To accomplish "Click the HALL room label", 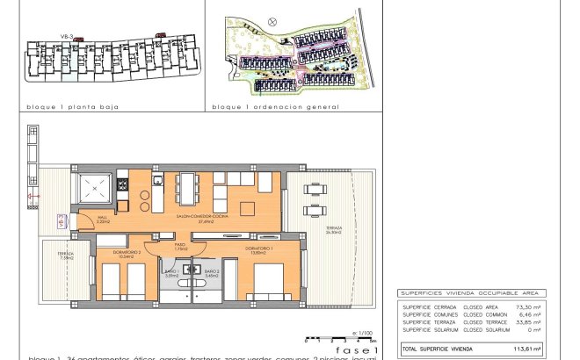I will tap(102, 220).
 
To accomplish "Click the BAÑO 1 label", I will tap(171, 273).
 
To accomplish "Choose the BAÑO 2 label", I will tap(211, 273).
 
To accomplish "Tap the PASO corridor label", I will tap(180, 247).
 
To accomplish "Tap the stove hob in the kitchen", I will tap(122, 184).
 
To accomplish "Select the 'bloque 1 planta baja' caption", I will tap(73, 106).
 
